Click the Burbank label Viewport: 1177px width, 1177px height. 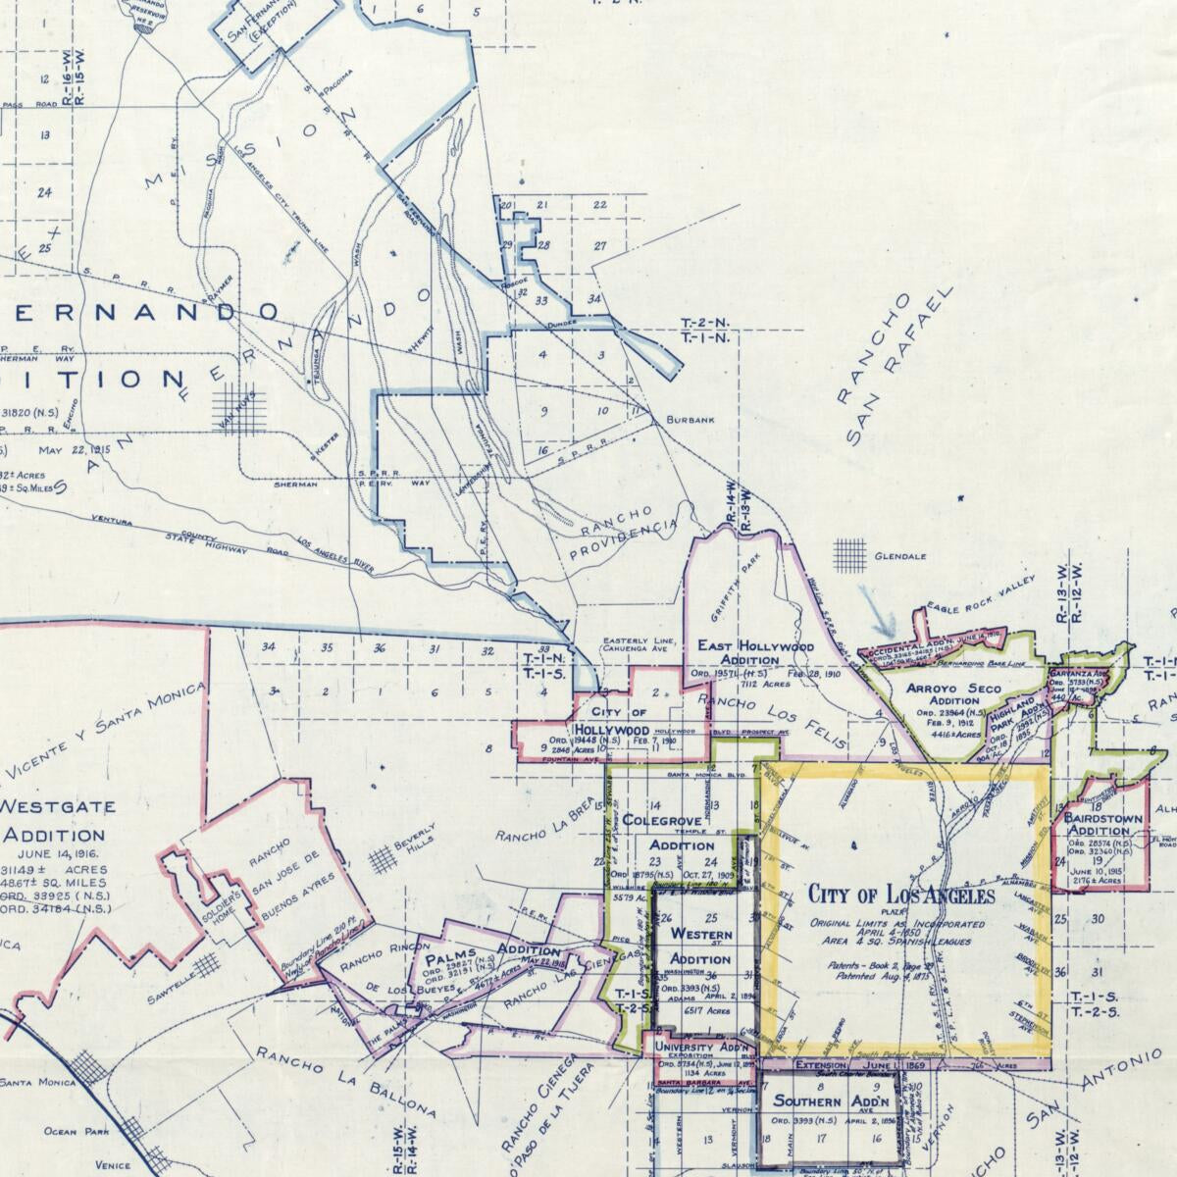coord(691,420)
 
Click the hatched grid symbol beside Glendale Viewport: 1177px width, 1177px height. coord(849,554)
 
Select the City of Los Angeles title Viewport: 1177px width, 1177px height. coord(901,895)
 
